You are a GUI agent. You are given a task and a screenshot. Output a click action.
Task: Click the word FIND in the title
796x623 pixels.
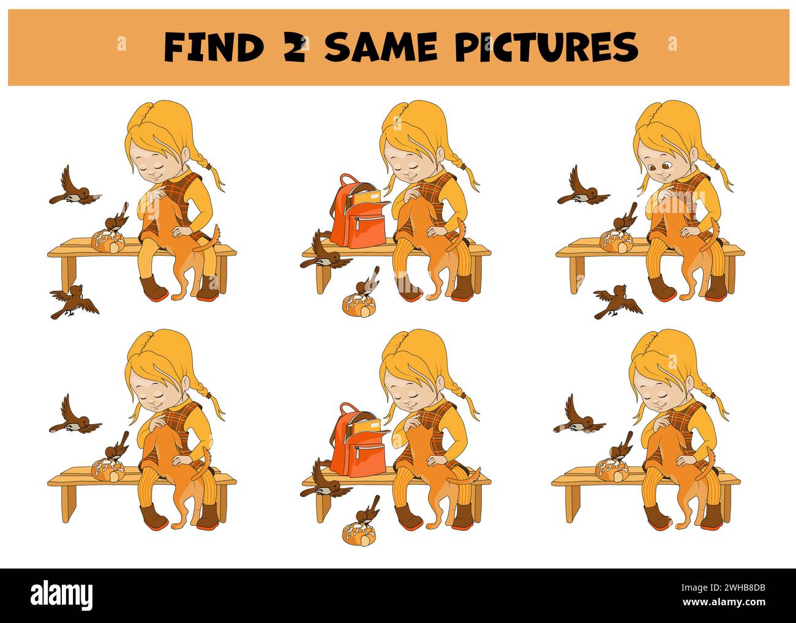214,47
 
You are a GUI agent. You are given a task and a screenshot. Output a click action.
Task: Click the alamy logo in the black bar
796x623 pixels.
62,594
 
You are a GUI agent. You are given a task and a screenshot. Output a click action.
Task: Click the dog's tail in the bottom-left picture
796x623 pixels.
200,468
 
